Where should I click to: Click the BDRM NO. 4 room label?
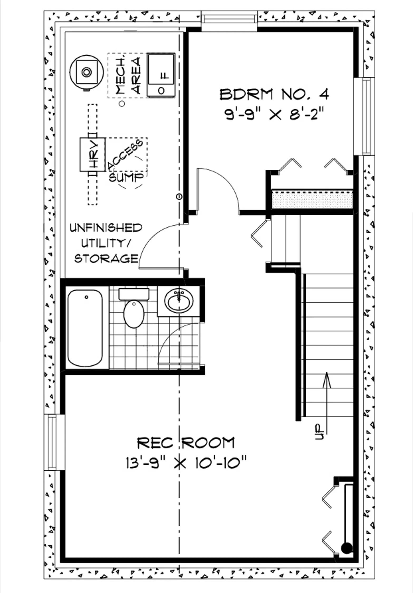click(274, 94)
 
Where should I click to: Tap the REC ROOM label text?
click(186, 443)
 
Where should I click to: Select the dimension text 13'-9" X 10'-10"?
click(186, 463)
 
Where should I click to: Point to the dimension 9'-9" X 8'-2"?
click(274, 114)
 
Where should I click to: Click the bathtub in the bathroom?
click(85, 328)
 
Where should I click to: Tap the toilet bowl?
click(134, 314)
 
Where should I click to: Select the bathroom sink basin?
click(179, 301)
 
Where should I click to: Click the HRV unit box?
click(93, 154)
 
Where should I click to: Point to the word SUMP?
click(127, 177)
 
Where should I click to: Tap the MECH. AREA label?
click(129, 76)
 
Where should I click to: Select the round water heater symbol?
click(86, 72)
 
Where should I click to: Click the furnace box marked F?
click(161, 75)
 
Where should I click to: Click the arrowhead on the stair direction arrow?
click(327, 380)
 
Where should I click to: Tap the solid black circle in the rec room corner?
click(347, 548)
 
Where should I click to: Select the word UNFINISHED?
click(106, 228)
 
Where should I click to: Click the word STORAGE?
click(106, 259)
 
